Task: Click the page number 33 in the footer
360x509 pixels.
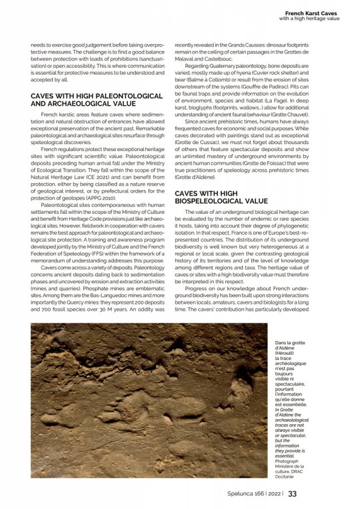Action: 292,493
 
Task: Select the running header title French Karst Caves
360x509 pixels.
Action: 311,12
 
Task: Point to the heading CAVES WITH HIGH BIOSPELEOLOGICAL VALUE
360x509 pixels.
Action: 221,197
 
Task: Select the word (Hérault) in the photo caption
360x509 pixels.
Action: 286,352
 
